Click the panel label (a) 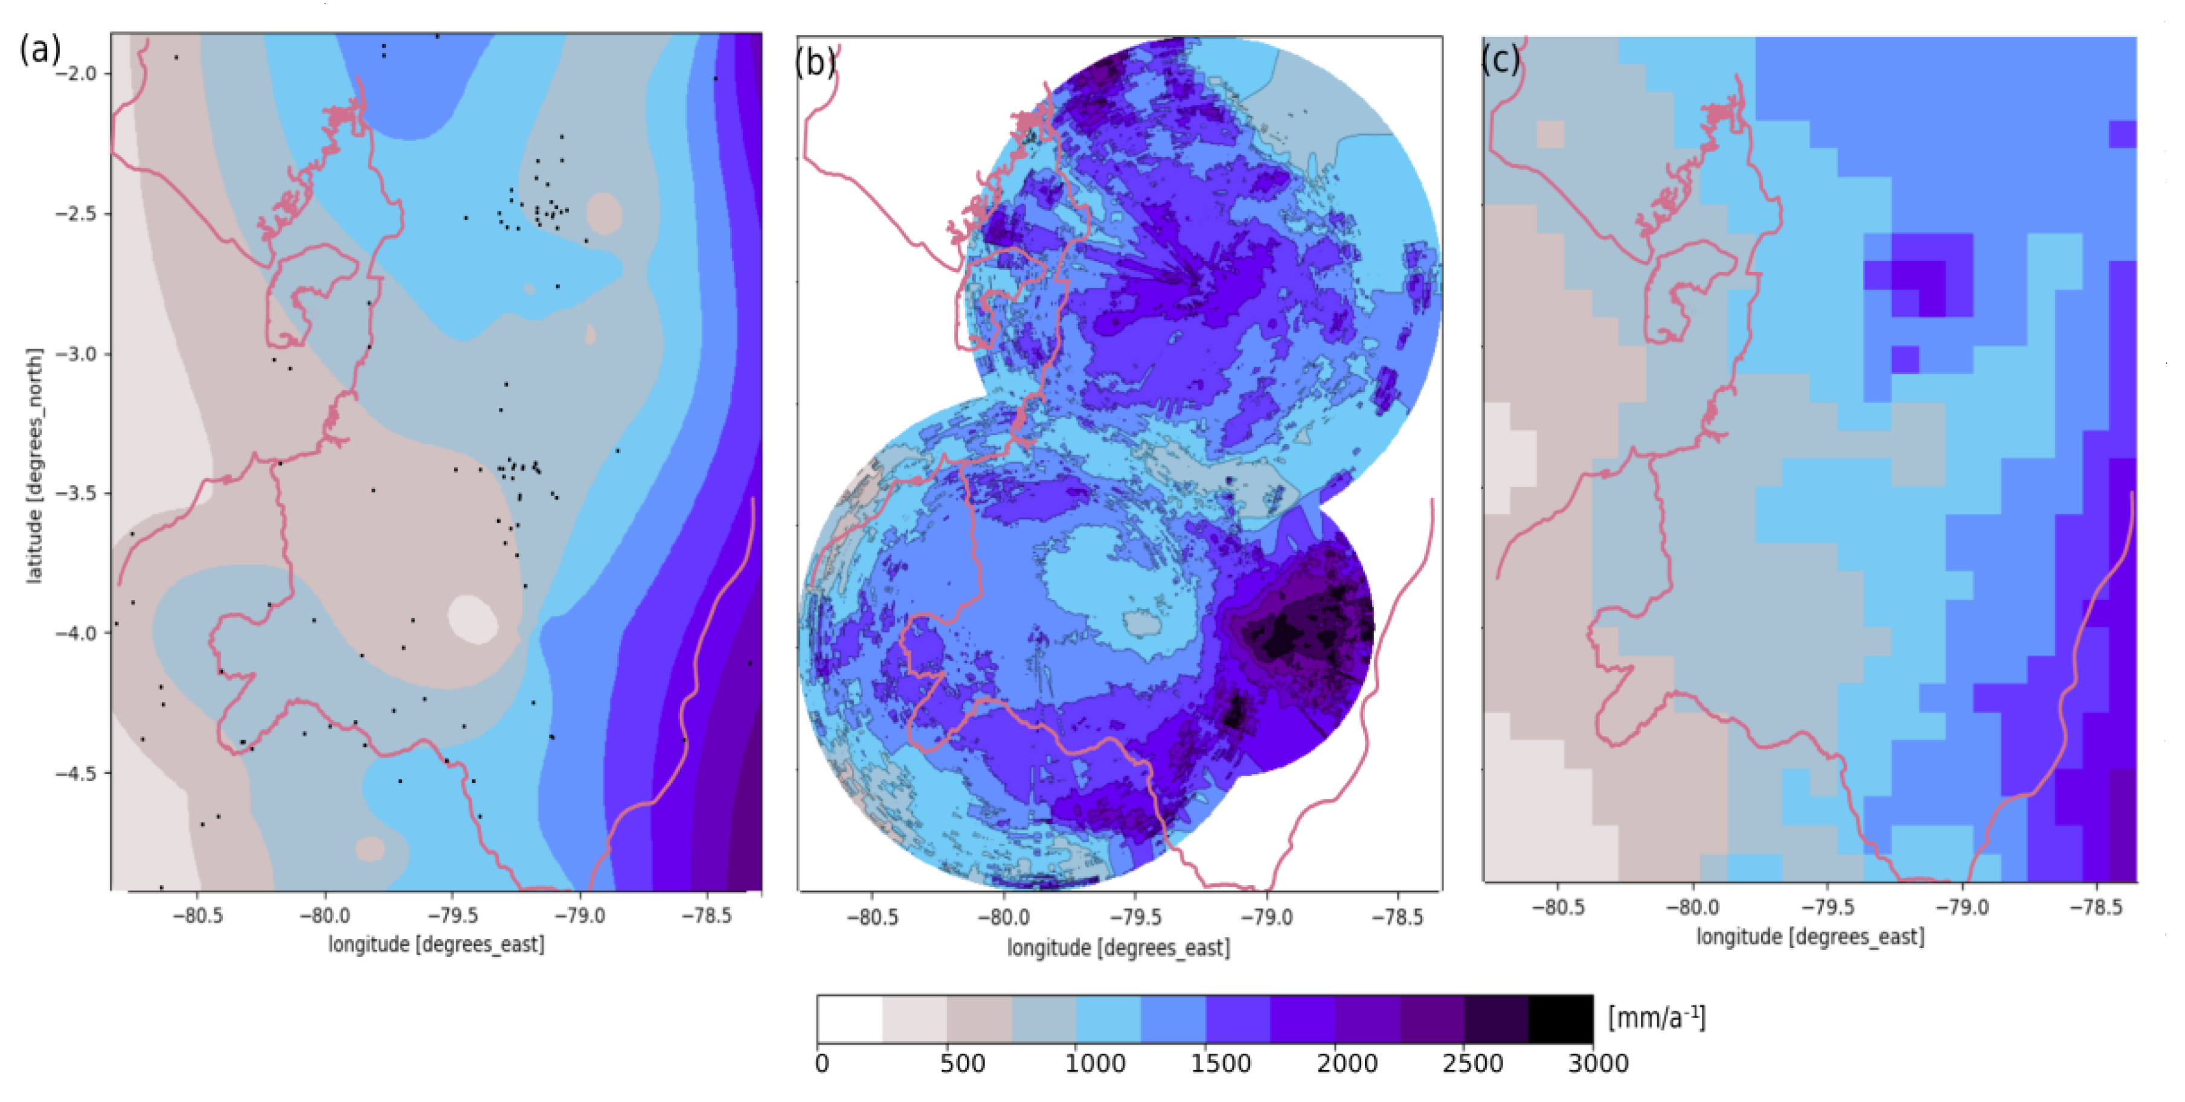40,49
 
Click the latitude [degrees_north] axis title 34,465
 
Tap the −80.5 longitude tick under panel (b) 872,918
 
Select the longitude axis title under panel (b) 1118,947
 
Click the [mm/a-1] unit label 1657,1017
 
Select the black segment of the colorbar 1561,1019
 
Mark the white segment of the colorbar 850,1019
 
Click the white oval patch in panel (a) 473,619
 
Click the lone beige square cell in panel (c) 1550,134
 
